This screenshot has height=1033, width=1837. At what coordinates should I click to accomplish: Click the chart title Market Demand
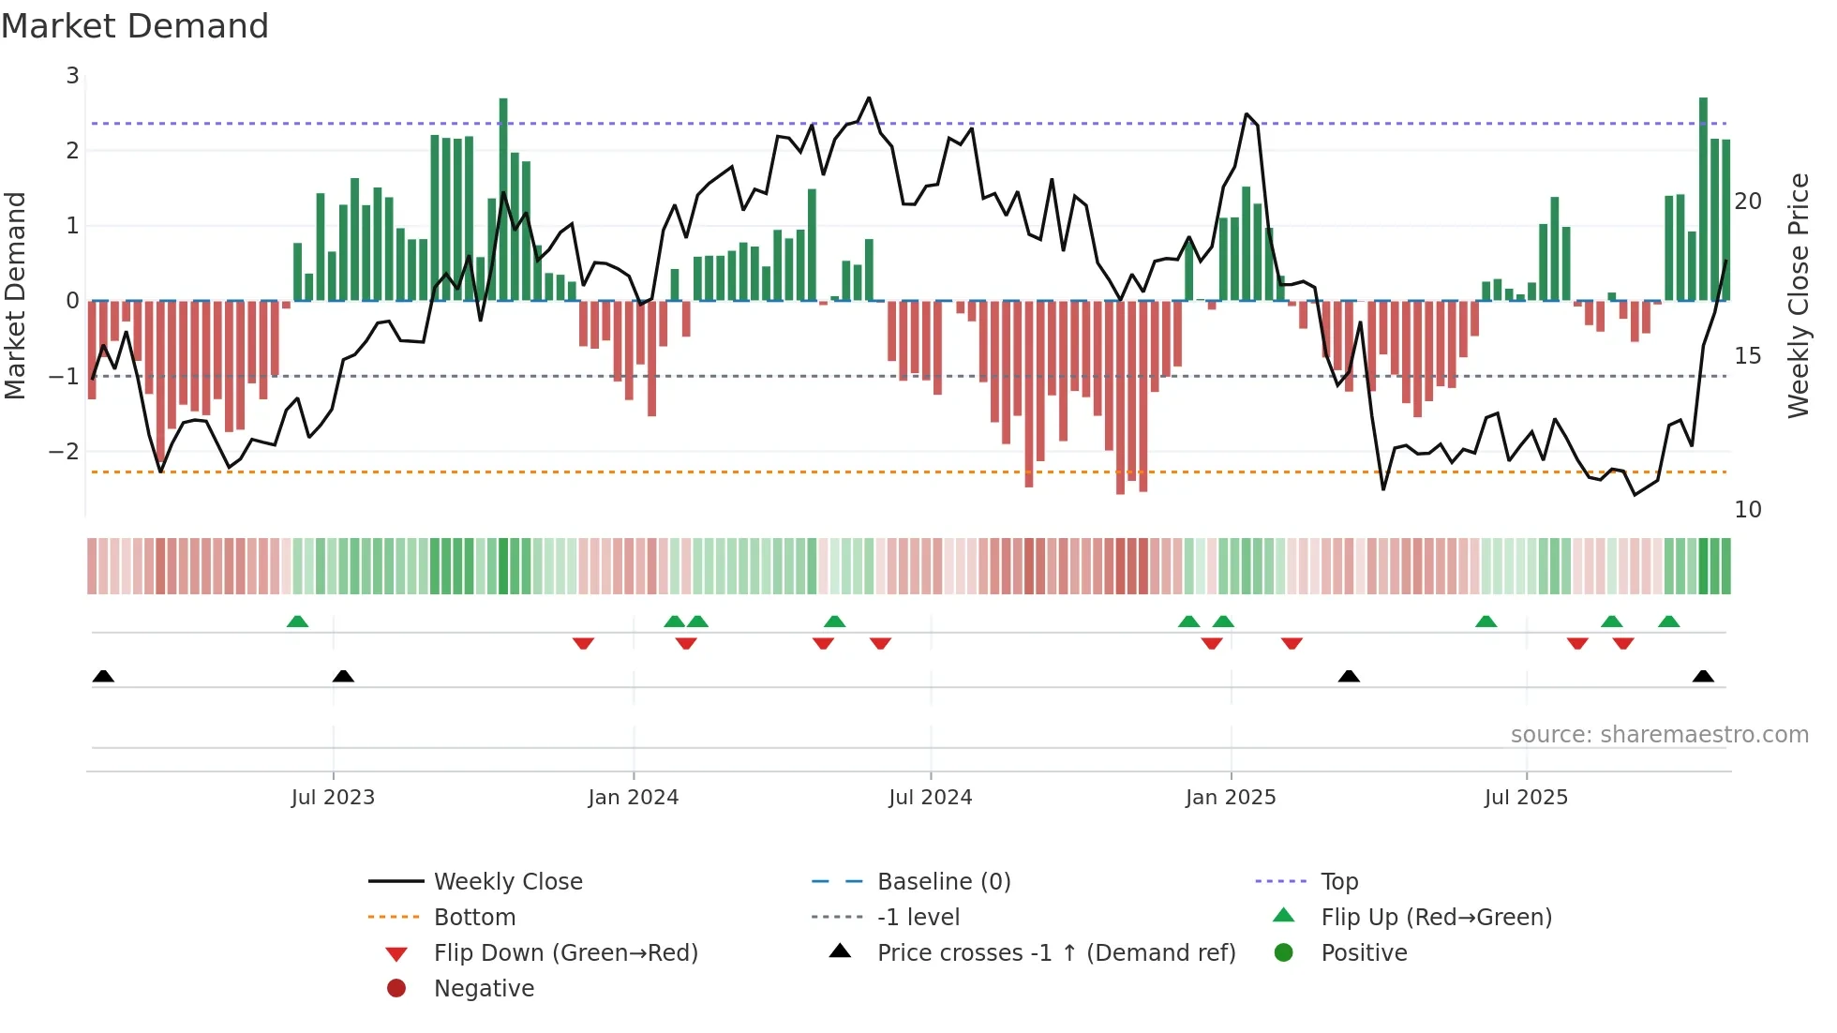135,26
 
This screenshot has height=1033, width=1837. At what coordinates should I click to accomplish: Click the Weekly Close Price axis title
1798,295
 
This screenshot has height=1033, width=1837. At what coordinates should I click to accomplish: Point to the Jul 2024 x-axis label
930,798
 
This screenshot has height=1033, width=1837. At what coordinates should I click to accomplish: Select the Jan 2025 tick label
1230,798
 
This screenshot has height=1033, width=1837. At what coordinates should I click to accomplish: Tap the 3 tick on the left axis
72,76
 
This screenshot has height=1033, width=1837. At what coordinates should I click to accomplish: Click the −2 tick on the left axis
65,452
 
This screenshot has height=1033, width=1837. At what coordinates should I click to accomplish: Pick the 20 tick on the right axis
1748,202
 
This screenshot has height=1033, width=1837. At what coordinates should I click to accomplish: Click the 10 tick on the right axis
1748,510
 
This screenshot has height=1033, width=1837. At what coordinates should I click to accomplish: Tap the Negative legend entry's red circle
396,989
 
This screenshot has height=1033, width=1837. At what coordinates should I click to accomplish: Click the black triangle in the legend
841,951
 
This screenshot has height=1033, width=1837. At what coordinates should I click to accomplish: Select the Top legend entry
1338,882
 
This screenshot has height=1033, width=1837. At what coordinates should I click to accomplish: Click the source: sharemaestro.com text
1659,735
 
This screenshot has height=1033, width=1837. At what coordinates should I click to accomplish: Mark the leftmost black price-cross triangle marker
103,677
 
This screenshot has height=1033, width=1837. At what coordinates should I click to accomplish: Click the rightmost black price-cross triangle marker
1703,677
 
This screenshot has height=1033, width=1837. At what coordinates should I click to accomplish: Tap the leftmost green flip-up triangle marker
297,621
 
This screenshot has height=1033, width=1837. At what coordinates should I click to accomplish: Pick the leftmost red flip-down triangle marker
583,643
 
